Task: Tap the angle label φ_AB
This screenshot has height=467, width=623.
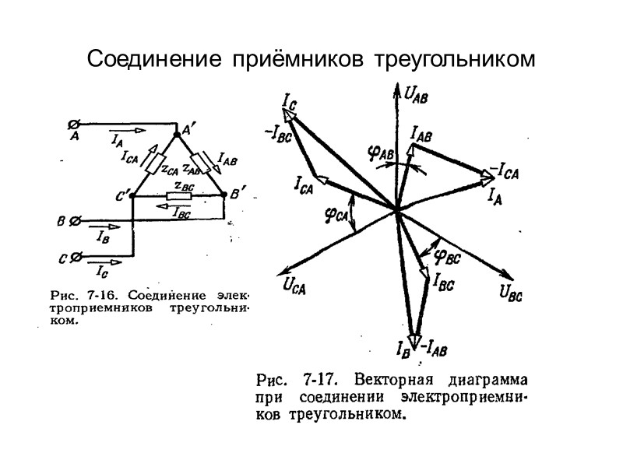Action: [x=380, y=154]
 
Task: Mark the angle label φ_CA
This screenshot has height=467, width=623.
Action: [x=336, y=213]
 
